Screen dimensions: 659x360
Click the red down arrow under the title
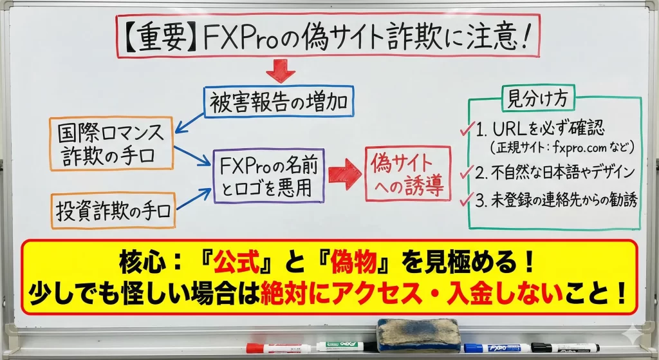click(281, 71)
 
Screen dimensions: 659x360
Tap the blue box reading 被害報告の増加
click(279, 102)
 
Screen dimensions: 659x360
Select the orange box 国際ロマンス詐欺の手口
click(111, 144)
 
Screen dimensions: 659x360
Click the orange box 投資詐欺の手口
click(113, 211)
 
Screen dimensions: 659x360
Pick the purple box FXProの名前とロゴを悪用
click(268, 176)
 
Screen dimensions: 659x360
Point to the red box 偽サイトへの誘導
click(407, 173)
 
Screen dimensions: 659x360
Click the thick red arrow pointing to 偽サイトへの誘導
click(345, 174)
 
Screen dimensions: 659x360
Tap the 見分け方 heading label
click(538, 99)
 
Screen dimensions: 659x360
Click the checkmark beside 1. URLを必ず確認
click(467, 128)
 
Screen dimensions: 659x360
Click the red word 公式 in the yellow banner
click(236, 262)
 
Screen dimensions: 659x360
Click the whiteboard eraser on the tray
click(418, 335)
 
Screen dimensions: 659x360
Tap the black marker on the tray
click(565, 348)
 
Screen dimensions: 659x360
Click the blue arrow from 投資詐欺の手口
click(194, 199)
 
